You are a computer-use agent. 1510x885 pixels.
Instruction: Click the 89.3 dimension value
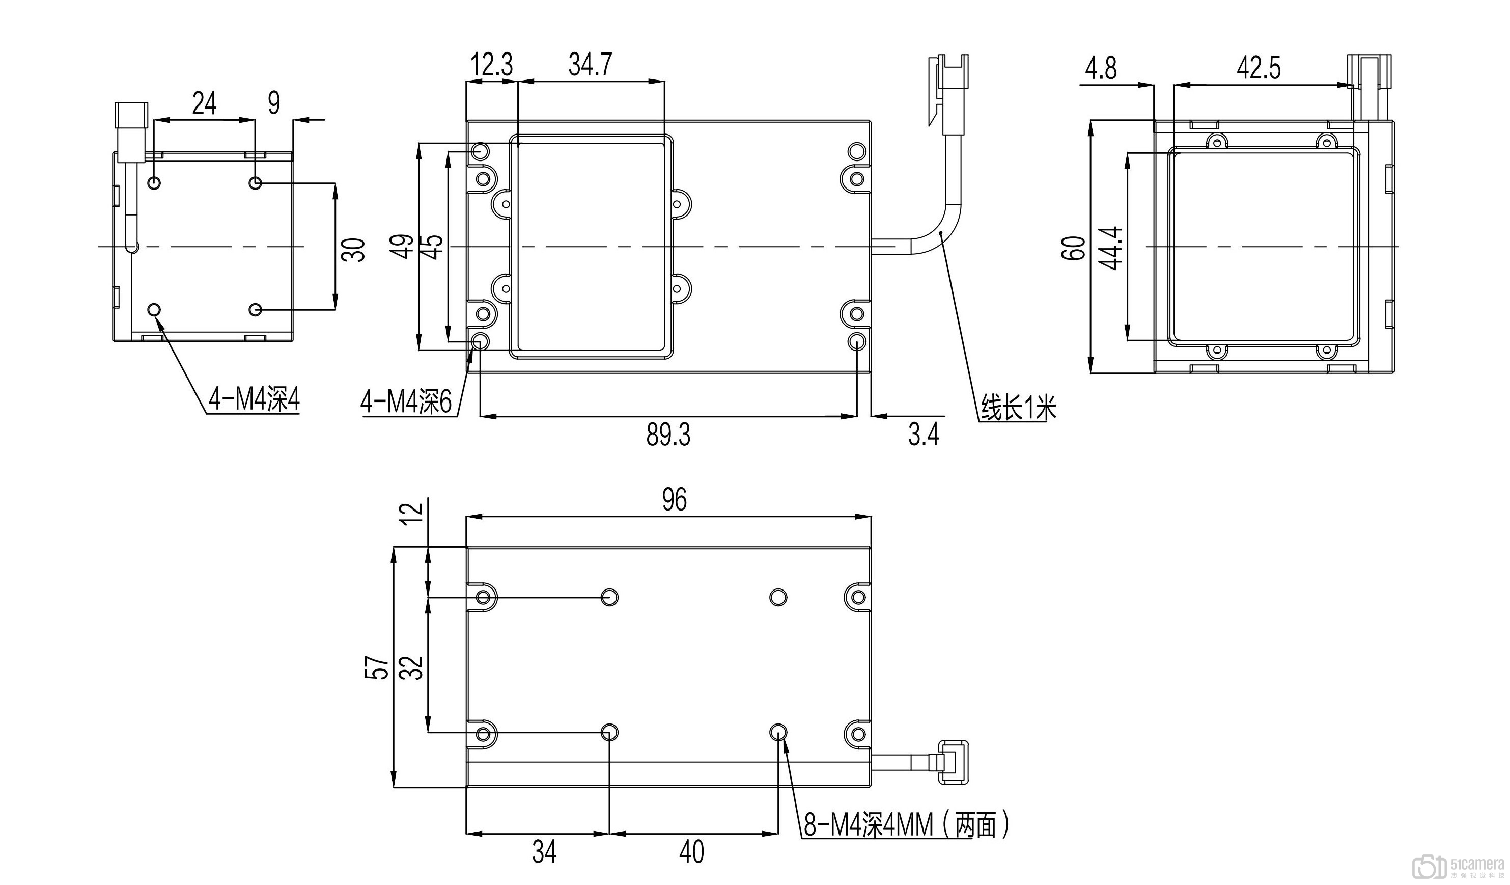pyautogui.click(x=668, y=435)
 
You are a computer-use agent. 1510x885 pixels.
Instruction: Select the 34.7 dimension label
pyautogui.click(x=590, y=64)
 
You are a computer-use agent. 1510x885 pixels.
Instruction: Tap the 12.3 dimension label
pyautogui.click(x=491, y=64)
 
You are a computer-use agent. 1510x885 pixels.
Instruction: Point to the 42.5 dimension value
pyautogui.click(x=1259, y=68)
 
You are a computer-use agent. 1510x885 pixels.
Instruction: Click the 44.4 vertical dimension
pyautogui.click(x=1111, y=248)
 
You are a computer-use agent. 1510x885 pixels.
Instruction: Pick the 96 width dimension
pyautogui.click(x=674, y=499)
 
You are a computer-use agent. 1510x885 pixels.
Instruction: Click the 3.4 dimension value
pyautogui.click(x=924, y=435)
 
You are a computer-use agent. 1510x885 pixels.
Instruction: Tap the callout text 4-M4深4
pyautogui.click(x=254, y=399)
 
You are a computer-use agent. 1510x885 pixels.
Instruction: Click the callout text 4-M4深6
pyautogui.click(x=406, y=403)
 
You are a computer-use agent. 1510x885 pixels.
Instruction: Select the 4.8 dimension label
pyautogui.click(x=1101, y=68)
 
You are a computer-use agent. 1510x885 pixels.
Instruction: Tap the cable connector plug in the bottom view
pyautogui.click(x=953, y=762)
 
